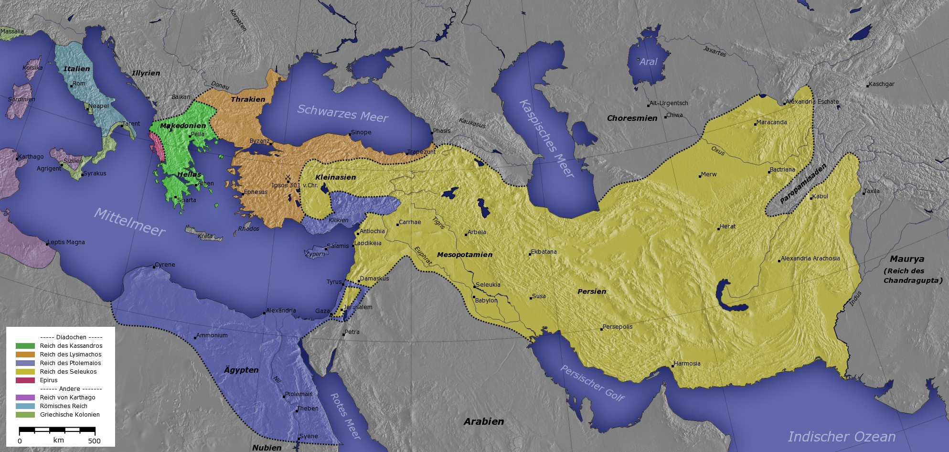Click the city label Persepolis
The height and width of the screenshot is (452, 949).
click(x=618, y=327)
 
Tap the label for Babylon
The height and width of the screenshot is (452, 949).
click(x=486, y=301)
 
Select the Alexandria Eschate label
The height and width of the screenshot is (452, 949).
click(x=812, y=102)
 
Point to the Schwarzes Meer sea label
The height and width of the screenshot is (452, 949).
click(x=342, y=113)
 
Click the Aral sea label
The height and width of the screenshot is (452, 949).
click(x=648, y=62)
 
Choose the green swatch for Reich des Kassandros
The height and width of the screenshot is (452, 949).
click(x=25, y=346)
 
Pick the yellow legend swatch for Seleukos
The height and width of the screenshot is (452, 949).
click(x=25, y=372)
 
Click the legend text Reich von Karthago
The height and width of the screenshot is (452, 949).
click(x=67, y=398)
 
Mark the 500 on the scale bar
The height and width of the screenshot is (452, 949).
click(x=95, y=441)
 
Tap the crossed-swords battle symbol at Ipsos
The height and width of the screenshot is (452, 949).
click(x=288, y=177)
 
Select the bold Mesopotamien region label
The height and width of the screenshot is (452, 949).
click(x=465, y=255)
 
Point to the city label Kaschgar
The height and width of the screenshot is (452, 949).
click(x=882, y=84)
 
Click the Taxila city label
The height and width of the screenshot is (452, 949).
click(x=872, y=191)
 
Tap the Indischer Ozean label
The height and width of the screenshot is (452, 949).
click(x=842, y=437)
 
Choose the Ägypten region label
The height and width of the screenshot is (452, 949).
click(x=241, y=370)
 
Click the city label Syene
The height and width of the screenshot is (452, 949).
click(x=309, y=436)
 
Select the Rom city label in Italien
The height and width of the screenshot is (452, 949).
click(x=79, y=84)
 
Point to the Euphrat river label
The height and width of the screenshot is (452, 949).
click(x=423, y=256)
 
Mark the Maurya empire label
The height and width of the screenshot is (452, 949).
click(x=907, y=259)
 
